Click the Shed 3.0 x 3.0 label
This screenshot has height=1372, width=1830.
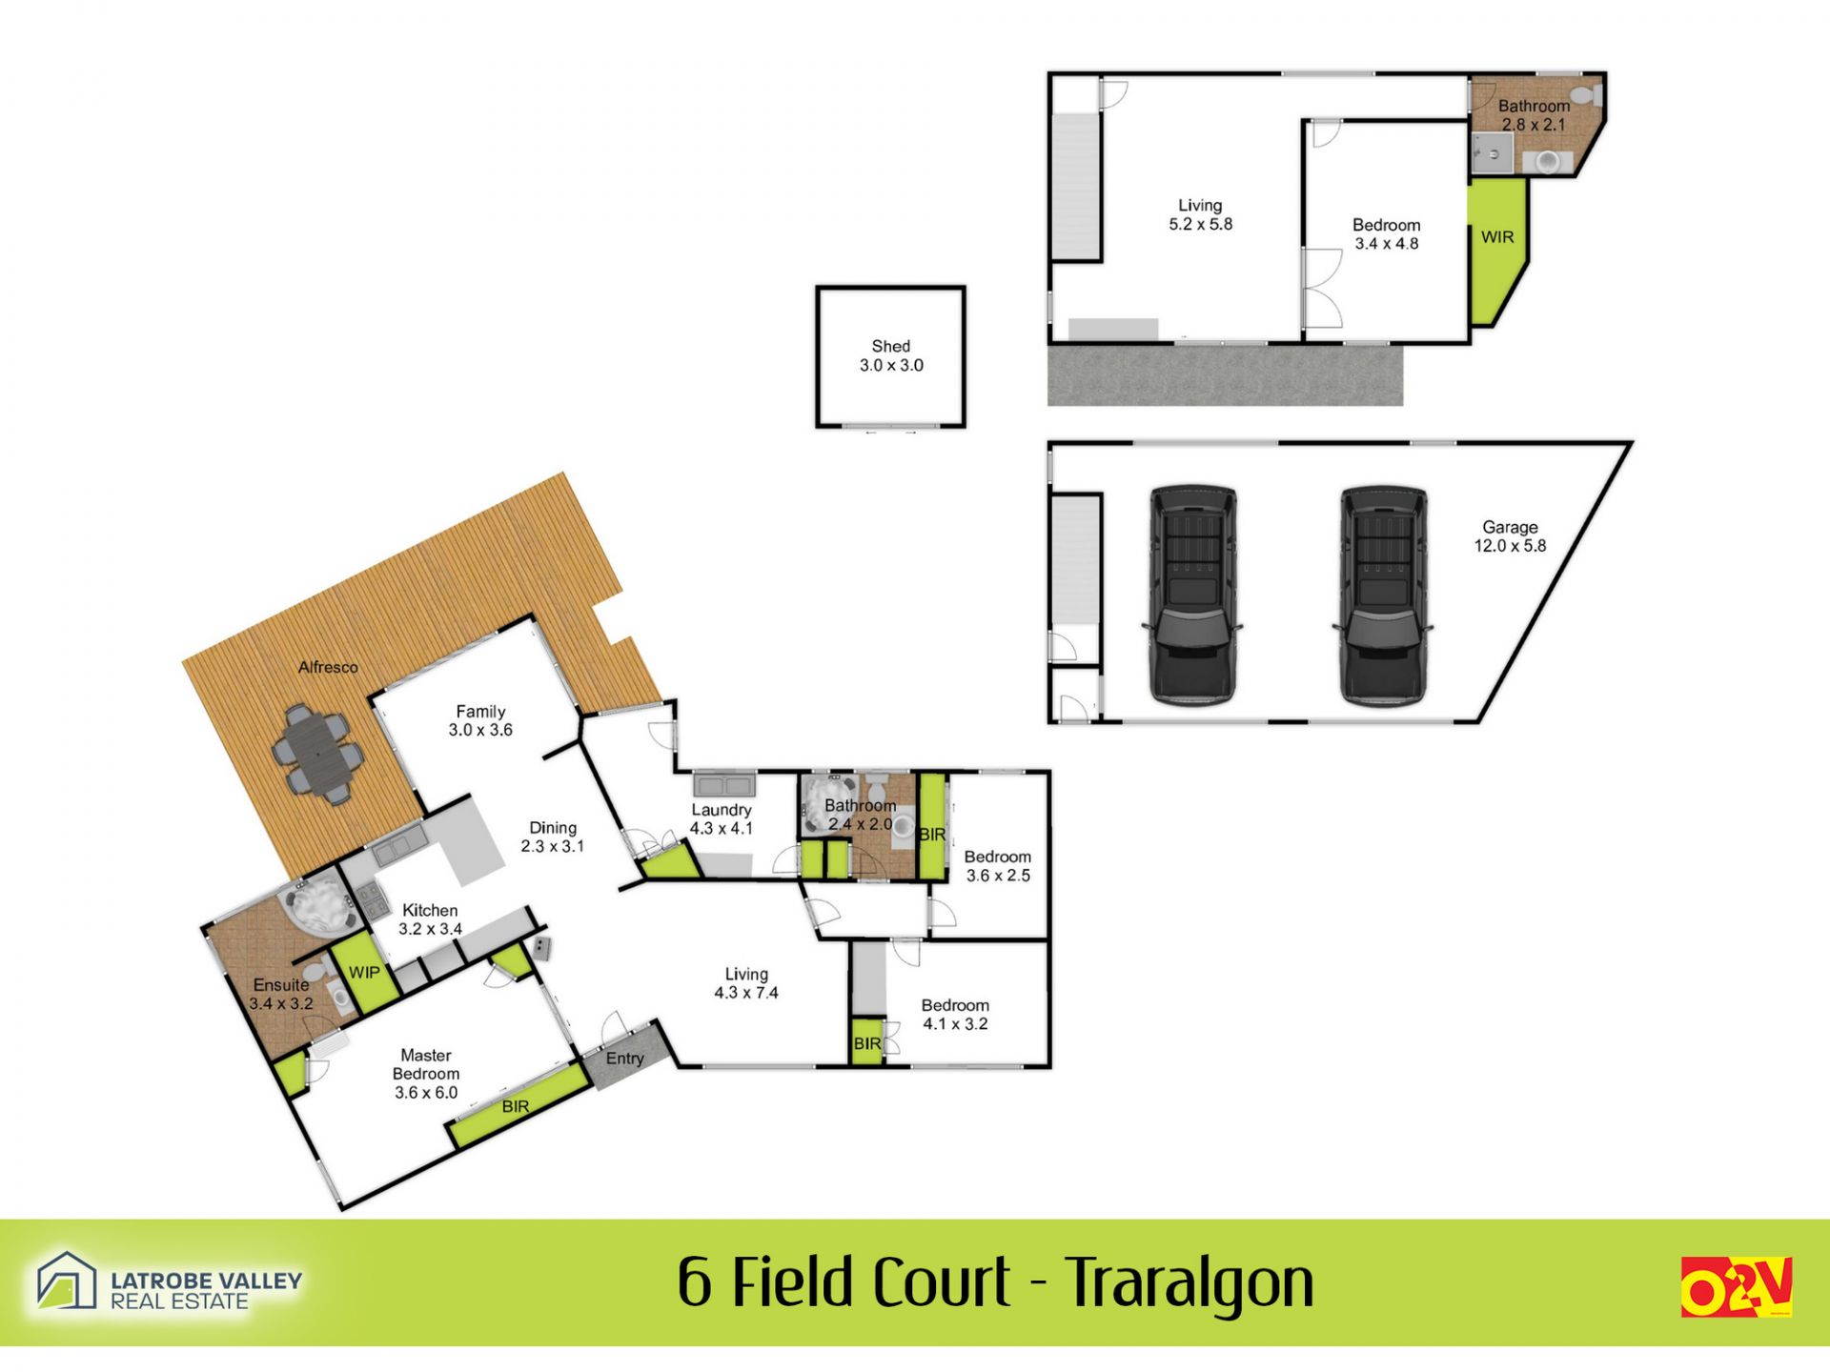(x=891, y=355)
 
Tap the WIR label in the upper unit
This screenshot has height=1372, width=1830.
(x=1497, y=237)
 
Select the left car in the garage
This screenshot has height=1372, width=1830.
(x=1192, y=595)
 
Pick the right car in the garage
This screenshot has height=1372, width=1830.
(x=1383, y=595)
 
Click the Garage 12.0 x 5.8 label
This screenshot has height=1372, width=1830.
(x=1510, y=536)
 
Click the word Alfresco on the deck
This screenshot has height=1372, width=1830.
(x=328, y=667)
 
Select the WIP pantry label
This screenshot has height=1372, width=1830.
(x=364, y=973)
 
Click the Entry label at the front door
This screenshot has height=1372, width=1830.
(x=625, y=1059)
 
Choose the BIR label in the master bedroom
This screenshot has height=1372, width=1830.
(x=516, y=1106)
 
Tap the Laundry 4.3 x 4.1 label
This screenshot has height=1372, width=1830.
(x=722, y=819)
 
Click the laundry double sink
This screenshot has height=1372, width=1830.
(x=724, y=785)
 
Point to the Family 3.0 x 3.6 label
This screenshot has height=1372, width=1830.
(x=480, y=720)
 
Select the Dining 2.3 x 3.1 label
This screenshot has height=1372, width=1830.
(x=553, y=837)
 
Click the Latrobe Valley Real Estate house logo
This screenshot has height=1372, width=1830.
(x=67, y=1281)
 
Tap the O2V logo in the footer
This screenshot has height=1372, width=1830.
(x=1737, y=1287)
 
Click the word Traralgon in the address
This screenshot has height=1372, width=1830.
(x=1189, y=1283)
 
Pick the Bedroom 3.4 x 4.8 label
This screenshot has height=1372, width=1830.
(x=1387, y=234)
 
